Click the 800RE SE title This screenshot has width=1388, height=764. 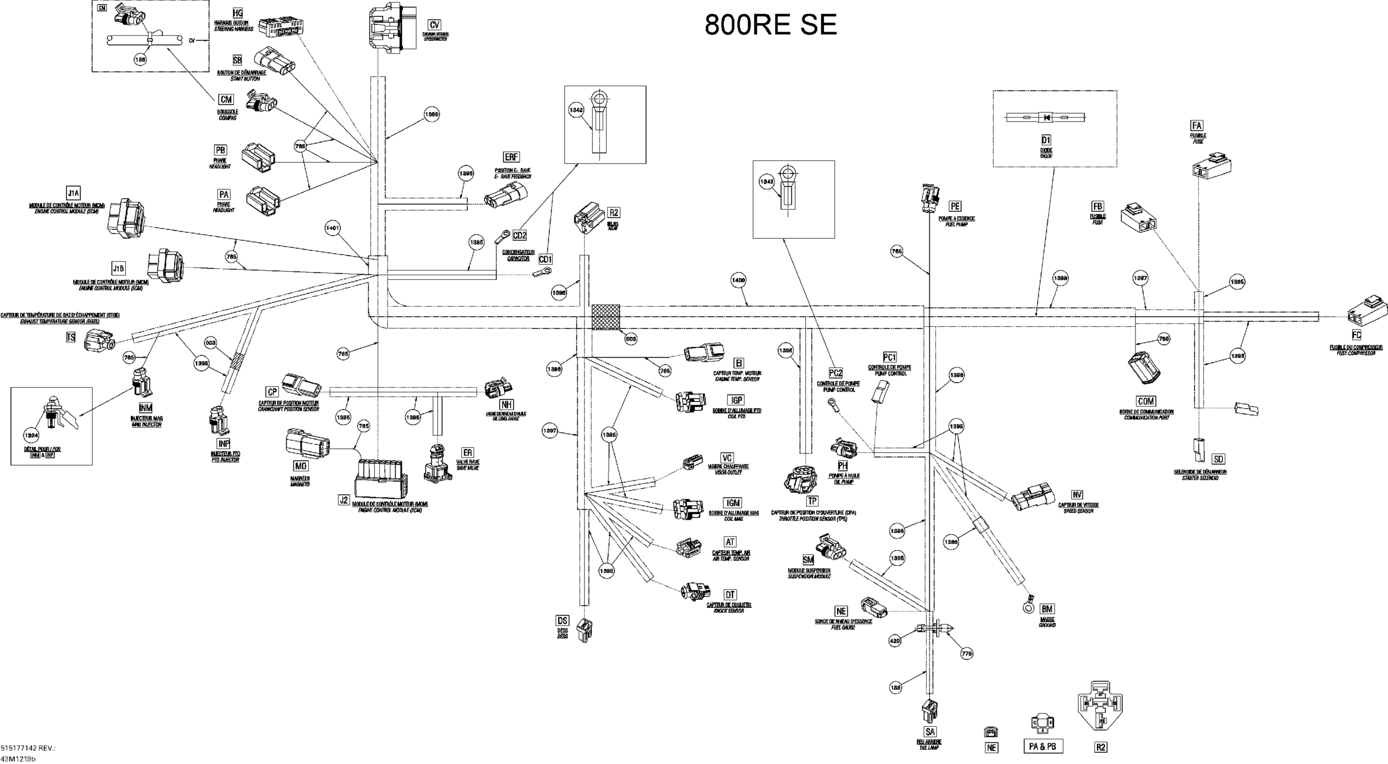(x=770, y=25)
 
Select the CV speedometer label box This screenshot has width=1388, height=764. (x=434, y=25)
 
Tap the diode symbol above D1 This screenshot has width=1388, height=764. (x=1045, y=117)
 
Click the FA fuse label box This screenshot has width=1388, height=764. (x=1196, y=125)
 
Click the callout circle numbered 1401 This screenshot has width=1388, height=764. (x=333, y=228)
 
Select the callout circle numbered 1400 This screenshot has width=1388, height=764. (x=738, y=280)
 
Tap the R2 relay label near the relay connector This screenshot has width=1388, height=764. (x=613, y=212)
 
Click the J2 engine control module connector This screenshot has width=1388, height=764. (x=381, y=477)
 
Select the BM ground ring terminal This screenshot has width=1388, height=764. (x=1028, y=606)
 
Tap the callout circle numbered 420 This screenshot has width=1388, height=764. (x=894, y=641)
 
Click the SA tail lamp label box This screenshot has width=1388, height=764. (x=930, y=731)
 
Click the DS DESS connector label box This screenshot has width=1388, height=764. (x=562, y=621)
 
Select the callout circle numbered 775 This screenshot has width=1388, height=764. (x=967, y=654)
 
